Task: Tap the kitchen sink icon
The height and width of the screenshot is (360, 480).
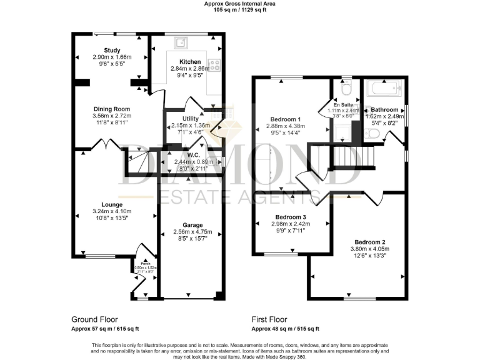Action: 182,42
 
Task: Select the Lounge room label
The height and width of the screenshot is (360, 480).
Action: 112,204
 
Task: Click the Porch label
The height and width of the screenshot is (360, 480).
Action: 145,262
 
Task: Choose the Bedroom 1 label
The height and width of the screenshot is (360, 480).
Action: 285,119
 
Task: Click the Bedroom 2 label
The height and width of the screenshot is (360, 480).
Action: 369,242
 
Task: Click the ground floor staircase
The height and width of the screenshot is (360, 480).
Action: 138,161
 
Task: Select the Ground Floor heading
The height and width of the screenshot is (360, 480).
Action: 94,319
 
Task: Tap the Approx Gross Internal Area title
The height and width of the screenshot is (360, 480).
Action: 240,4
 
